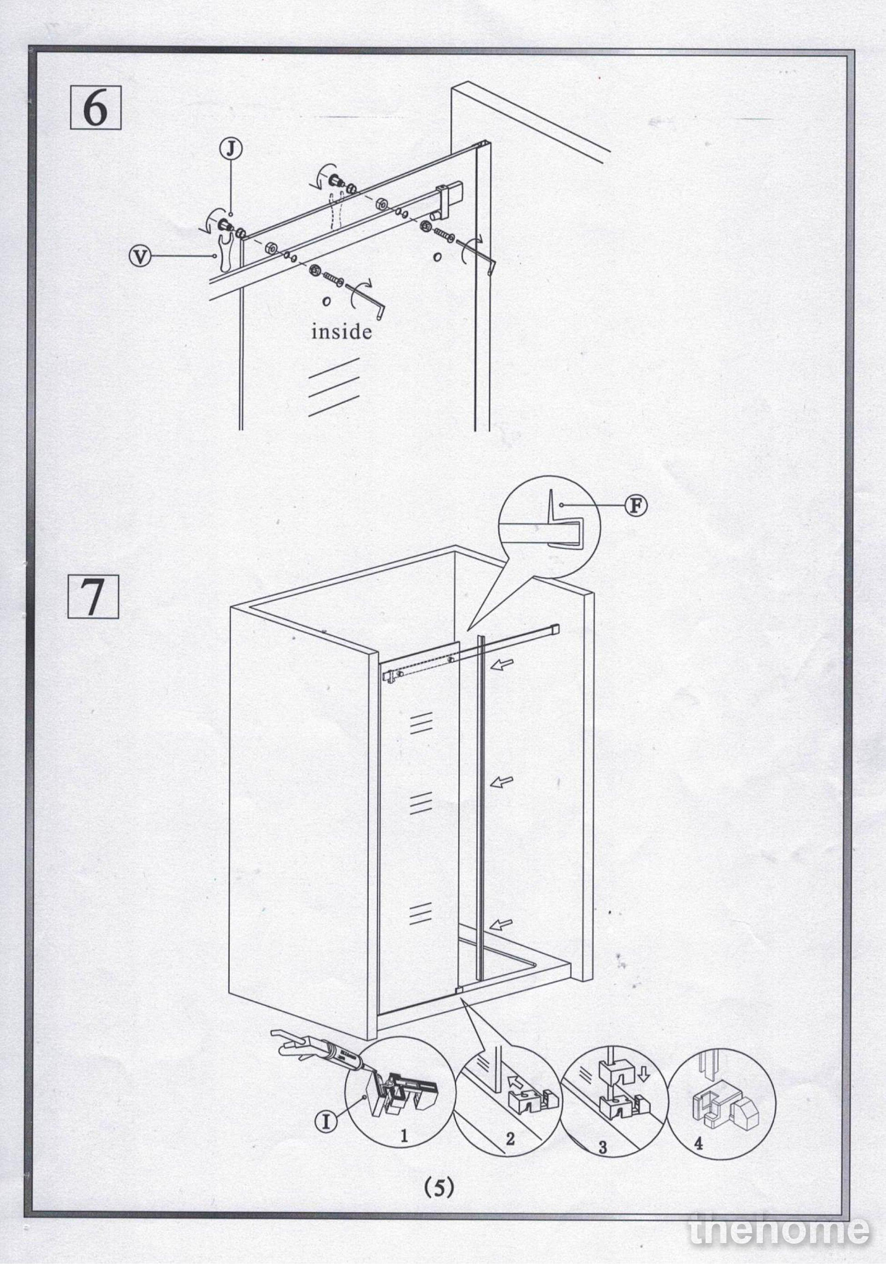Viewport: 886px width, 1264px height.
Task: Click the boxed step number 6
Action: coord(95,109)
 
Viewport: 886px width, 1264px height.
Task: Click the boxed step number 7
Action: coord(93,597)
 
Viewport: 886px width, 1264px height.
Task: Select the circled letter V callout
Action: coord(140,256)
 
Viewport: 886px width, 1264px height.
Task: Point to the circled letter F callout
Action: coord(636,505)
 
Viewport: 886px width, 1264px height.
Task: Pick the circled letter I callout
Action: coord(326,1121)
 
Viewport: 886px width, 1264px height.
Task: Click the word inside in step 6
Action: coord(341,331)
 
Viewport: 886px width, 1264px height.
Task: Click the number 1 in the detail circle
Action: coord(404,1136)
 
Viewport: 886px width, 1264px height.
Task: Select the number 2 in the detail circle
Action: coord(510,1139)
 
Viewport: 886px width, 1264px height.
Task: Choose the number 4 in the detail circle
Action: coord(698,1143)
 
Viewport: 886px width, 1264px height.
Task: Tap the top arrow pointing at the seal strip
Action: coord(504,664)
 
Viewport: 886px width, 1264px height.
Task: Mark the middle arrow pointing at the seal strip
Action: coord(502,782)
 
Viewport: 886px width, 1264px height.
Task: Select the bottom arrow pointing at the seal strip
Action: coord(501,924)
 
